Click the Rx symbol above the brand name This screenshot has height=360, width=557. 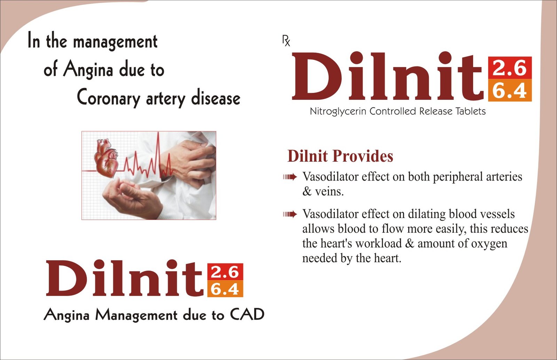[x=286, y=41]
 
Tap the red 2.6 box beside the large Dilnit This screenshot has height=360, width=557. [x=510, y=68]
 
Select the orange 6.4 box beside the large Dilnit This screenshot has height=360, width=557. [x=510, y=90]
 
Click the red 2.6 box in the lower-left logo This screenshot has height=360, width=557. [x=225, y=272]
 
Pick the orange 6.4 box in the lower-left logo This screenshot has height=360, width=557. [x=225, y=289]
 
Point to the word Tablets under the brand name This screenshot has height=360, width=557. [x=470, y=111]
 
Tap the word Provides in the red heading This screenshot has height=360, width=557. [x=363, y=156]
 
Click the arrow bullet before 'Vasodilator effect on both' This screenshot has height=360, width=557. [x=290, y=177]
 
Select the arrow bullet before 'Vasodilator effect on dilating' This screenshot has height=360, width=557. [x=290, y=214]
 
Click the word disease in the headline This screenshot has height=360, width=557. [x=215, y=97]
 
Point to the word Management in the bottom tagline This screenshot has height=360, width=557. [x=136, y=315]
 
